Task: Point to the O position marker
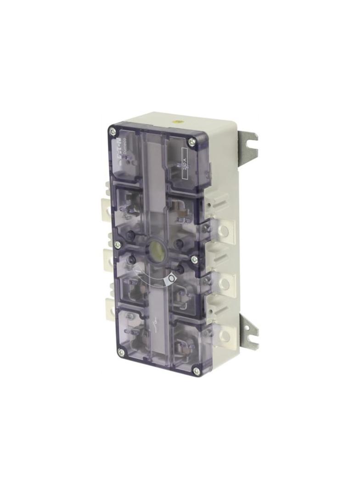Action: coord(171,278)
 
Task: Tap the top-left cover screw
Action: coord(112,132)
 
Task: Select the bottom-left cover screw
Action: coord(121,352)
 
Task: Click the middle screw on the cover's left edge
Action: coord(117,244)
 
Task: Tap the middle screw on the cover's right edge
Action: coord(195,259)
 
